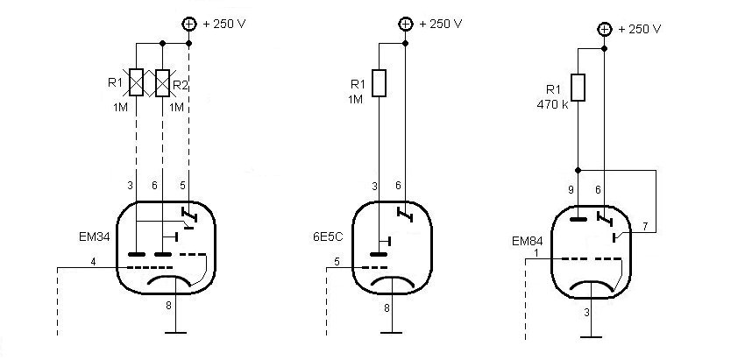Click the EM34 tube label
pyautogui.click(x=95, y=236)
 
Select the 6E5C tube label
pyautogui.click(x=325, y=236)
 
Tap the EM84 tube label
pyautogui.click(x=528, y=241)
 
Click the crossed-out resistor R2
pyautogui.click(x=162, y=82)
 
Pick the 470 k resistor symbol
pyautogui.click(x=578, y=88)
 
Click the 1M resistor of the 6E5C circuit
pyautogui.click(x=379, y=83)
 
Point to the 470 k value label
pyautogui.click(x=552, y=105)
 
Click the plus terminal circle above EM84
pyautogui.click(x=604, y=30)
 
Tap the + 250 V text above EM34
pyautogui.click(x=224, y=24)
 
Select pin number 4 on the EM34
pyautogui.click(x=93, y=262)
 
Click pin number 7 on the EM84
pyautogui.click(x=645, y=227)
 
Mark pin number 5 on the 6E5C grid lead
pyautogui.click(x=337, y=262)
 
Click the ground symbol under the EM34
pyautogui.click(x=176, y=333)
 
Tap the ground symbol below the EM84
pyautogui.click(x=591, y=337)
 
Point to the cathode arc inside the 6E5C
pyautogui.click(x=392, y=279)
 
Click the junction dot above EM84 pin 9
pyautogui.click(x=578, y=170)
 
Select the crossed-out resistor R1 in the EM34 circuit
pyautogui.click(x=137, y=82)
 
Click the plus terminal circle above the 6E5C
pyautogui.click(x=405, y=25)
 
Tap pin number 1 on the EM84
pyautogui.click(x=536, y=253)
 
